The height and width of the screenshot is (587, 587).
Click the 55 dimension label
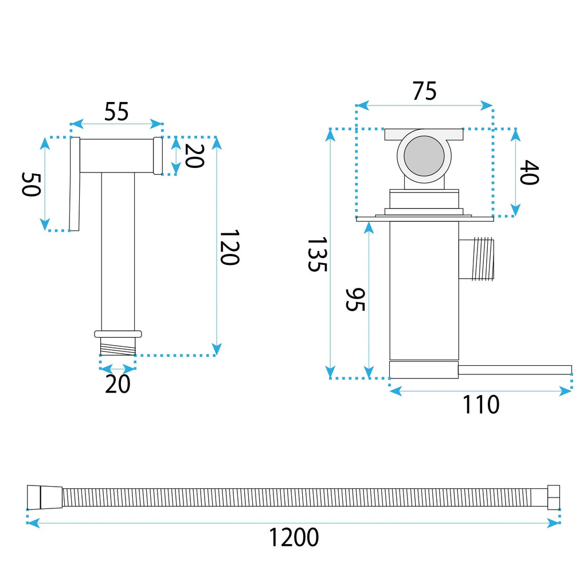[116, 111]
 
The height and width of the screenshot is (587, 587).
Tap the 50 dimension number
[31, 184]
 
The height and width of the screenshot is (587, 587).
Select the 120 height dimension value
[229, 248]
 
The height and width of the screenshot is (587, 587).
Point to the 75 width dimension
[425, 91]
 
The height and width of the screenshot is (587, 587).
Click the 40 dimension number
[529, 172]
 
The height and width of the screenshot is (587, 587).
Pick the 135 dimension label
[318, 254]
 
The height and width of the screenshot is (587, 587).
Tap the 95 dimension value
[354, 299]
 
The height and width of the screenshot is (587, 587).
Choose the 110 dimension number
[481, 404]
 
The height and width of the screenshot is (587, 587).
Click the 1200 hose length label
[294, 537]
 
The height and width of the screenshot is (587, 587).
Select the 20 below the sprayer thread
[118, 383]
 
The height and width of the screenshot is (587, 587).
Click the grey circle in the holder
[424, 156]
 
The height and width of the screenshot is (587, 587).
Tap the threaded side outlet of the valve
[476, 259]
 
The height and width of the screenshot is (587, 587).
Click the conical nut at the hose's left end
[45, 497]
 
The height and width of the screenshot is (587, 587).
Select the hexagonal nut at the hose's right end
[554, 497]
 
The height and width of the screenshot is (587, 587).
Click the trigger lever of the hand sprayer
[75, 184]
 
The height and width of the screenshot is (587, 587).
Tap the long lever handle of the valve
[515, 370]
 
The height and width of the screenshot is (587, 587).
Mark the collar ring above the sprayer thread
[118, 334]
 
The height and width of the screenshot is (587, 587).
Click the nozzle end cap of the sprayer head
[158, 156]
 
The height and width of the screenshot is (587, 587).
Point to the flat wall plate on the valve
[425, 218]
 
